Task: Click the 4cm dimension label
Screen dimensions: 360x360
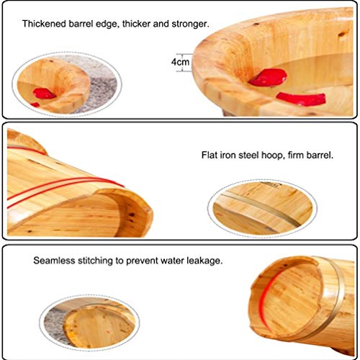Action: point(180,62)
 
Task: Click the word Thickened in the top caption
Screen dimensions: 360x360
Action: point(44,24)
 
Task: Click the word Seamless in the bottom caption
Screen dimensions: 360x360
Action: point(54,261)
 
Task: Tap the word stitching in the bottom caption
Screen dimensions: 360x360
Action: point(95,261)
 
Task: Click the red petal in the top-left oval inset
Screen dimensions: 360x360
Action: point(43,94)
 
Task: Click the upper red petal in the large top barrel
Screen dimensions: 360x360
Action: point(268,77)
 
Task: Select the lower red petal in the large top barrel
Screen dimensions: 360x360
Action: point(301,99)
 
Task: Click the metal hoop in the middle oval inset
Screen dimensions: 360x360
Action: point(261,210)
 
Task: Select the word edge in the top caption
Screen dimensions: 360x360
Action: point(107,24)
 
